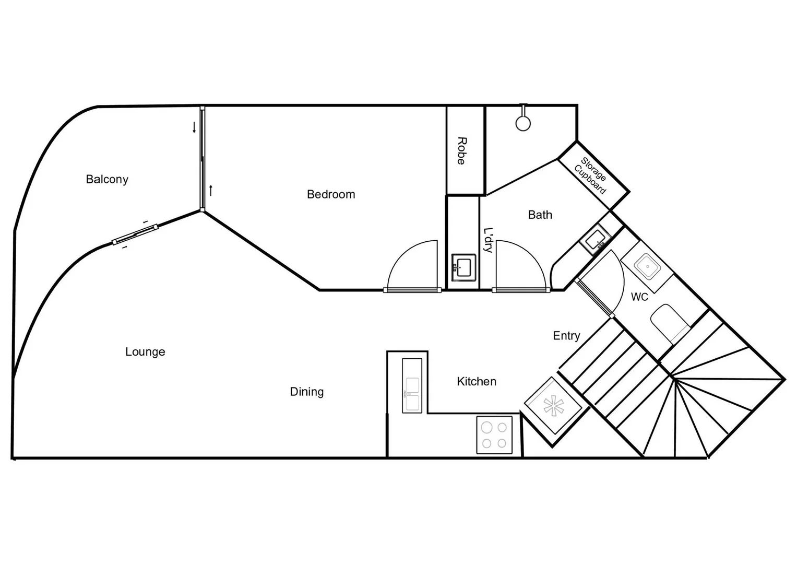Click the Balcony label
click(x=107, y=179)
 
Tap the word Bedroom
click(x=331, y=194)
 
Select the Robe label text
click(x=461, y=151)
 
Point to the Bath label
click(x=540, y=215)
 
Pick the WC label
click(x=639, y=297)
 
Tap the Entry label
click(x=566, y=336)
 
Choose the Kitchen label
click(x=477, y=382)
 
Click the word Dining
click(x=307, y=392)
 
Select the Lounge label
click(x=145, y=352)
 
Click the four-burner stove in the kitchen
click(x=494, y=435)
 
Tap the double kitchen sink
click(x=412, y=386)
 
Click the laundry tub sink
click(x=463, y=267)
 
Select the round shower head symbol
click(x=523, y=123)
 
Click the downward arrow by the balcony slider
click(x=194, y=127)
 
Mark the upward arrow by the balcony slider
click(x=211, y=190)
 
